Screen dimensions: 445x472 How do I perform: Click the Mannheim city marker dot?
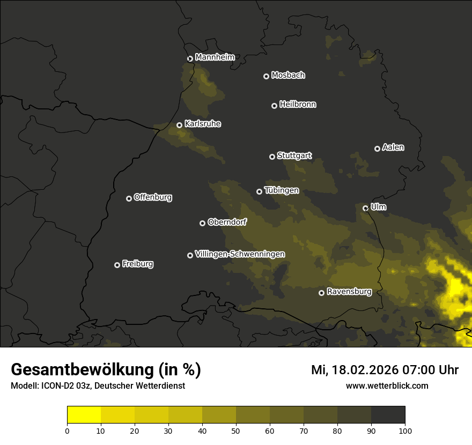(x=190, y=59)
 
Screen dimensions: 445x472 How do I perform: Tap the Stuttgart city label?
(x=294, y=156)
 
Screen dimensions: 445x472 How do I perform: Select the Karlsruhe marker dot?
(x=179, y=125)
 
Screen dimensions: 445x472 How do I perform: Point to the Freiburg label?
(x=137, y=264)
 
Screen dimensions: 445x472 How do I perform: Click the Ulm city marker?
(x=365, y=208)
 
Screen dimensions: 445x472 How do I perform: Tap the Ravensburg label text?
(x=349, y=292)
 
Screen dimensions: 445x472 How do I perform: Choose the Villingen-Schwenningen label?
(x=240, y=254)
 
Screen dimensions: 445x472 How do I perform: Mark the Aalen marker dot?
(x=377, y=149)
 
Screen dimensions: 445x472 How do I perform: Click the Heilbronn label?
(x=298, y=105)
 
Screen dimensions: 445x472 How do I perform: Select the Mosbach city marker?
(x=266, y=77)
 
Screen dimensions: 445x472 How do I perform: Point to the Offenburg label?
(x=153, y=197)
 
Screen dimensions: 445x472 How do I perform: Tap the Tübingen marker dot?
(x=260, y=191)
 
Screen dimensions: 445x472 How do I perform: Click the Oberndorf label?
(x=227, y=222)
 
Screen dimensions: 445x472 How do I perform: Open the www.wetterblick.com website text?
(x=387, y=385)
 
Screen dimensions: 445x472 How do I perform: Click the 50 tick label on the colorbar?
(x=236, y=431)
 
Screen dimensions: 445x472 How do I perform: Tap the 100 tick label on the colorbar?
(x=405, y=431)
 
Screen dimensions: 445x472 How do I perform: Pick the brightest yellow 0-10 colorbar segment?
(x=84, y=415)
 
